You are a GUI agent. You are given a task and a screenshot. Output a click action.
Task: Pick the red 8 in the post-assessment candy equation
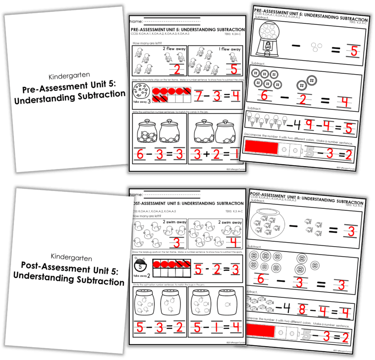point(302,310)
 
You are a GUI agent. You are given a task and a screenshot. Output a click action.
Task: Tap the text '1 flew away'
point(230,49)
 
